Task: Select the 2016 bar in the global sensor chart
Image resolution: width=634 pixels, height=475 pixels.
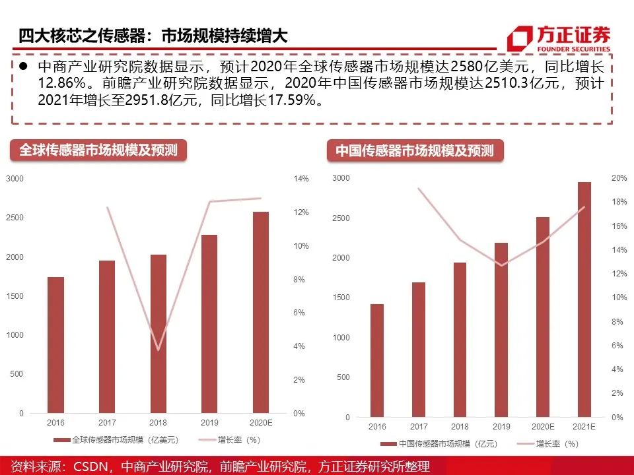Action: [x=55, y=345]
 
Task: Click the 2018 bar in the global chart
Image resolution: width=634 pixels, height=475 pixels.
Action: [x=158, y=334]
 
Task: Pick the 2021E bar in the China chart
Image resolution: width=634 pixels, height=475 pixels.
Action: [x=584, y=300]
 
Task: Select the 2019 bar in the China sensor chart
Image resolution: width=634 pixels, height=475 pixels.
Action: [x=501, y=330]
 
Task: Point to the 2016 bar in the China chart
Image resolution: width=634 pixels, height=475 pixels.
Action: [x=377, y=360]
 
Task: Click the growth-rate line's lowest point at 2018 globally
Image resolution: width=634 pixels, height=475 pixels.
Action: [x=158, y=350]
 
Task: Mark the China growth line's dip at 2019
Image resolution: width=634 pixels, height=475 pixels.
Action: [x=502, y=266]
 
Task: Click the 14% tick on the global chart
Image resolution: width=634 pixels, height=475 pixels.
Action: [x=300, y=179]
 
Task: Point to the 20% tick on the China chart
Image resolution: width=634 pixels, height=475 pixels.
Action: [x=619, y=178]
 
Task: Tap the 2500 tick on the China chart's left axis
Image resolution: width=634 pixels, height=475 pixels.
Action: [x=341, y=218]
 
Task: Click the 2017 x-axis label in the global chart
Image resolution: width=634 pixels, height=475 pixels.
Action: [x=107, y=422]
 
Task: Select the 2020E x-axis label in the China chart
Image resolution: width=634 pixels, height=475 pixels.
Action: [x=543, y=427]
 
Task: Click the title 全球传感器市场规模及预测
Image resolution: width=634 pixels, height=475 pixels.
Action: [x=98, y=150]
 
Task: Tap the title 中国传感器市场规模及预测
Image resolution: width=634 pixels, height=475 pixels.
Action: [x=415, y=150]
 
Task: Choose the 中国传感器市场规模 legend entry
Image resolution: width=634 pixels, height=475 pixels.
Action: [x=439, y=444]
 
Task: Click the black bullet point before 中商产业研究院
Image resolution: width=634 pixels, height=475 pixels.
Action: [x=23, y=67]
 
